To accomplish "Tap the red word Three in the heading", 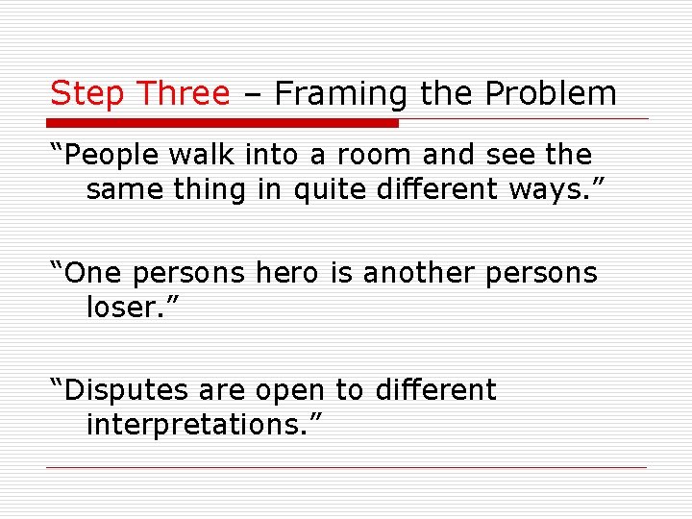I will [x=184, y=93].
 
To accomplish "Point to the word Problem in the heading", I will [x=551, y=93].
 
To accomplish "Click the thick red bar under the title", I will [x=223, y=123].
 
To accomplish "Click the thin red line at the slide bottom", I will [x=346, y=468].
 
